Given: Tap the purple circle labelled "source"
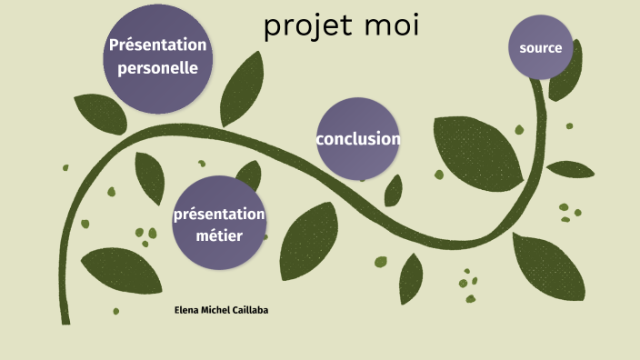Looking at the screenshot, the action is point(540,47).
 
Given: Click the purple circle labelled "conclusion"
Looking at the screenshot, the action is point(358,138).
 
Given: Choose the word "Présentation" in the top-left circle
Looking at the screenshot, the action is point(157,45).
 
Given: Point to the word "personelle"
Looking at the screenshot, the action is point(158,67).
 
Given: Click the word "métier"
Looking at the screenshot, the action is point(219,235).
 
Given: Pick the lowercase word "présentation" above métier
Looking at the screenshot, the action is point(219,215).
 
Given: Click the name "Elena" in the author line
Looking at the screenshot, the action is point(187,310).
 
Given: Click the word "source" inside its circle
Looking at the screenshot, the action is point(540,47).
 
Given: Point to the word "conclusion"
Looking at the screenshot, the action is point(358,139).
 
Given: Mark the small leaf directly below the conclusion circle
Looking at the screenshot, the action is point(394,190).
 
